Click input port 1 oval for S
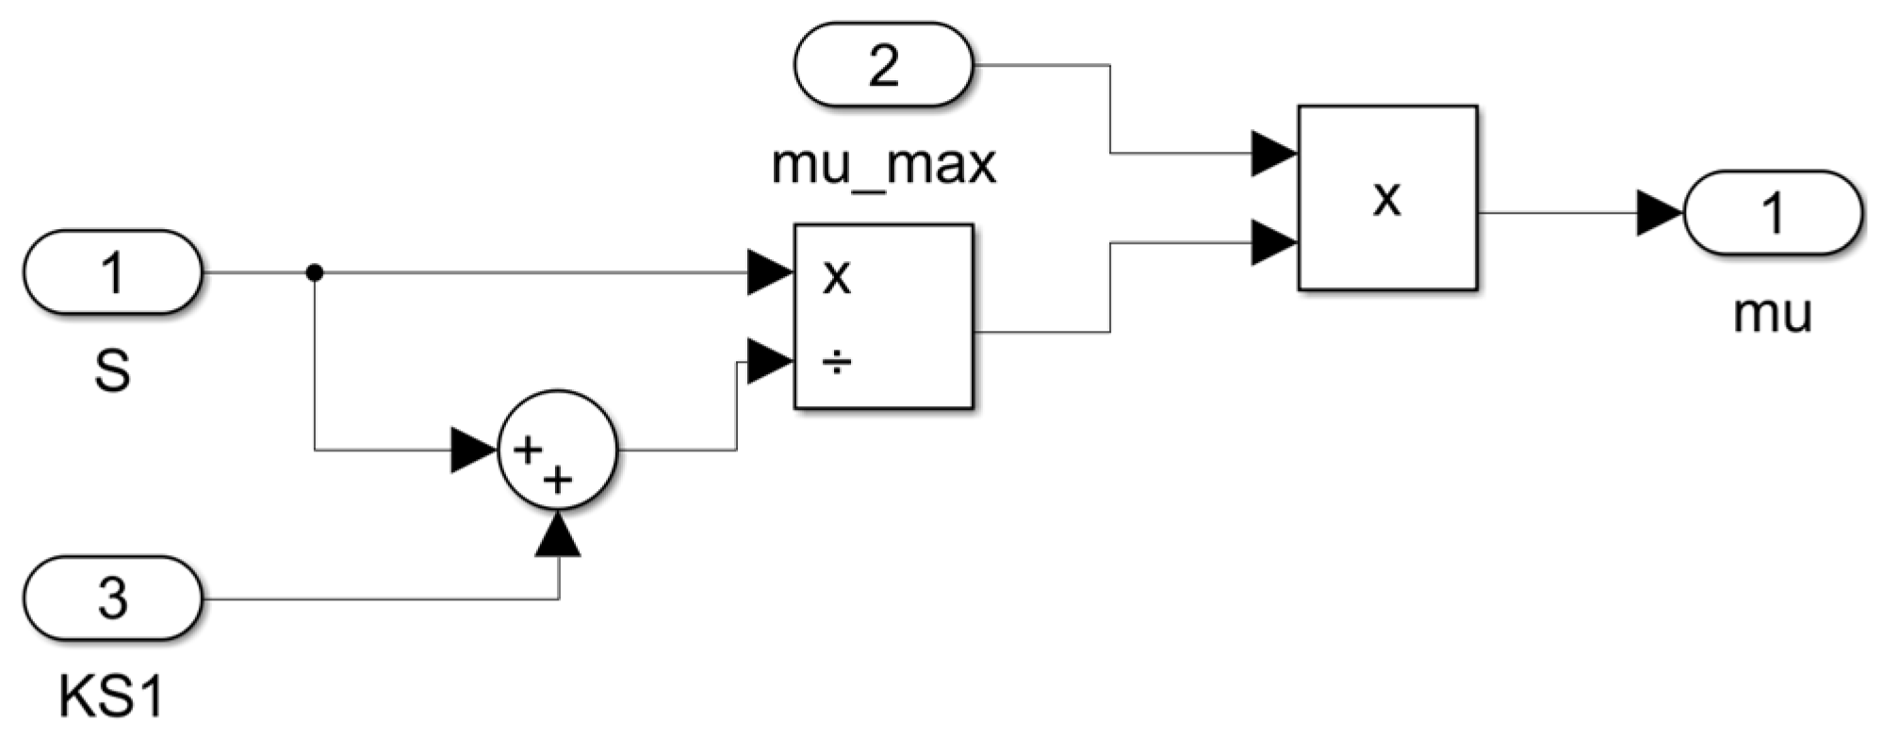click(x=112, y=272)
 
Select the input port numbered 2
click(x=883, y=65)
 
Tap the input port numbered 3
click(x=112, y=598)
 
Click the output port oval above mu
click(x=1772, y=213)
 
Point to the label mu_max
click(x=883, y=166)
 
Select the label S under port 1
click(x=112, y=371)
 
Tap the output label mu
click(x=1772, y=313)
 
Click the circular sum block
click(x=557, y=450)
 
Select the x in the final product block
click(x=1386, y=198)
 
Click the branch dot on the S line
click(x=315, y=272)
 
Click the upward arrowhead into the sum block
click(x=558, y=534)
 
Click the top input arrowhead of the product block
click(x=1273, y=153)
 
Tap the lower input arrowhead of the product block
click(x=1273, y=242)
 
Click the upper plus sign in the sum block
click(x=527, y=450)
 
